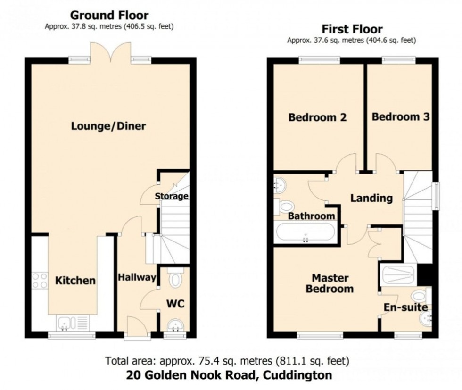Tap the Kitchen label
tap(75, 281)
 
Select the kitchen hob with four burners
tap(40, 281)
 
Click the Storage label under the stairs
tap(172, 196)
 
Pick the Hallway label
tap(137, 277)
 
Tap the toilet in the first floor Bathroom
tap(286, 206)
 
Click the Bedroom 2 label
tap(317, 117)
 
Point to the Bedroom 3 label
tap(400, 116)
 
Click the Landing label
tap(371, 198)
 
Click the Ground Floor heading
tap(109, 16)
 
